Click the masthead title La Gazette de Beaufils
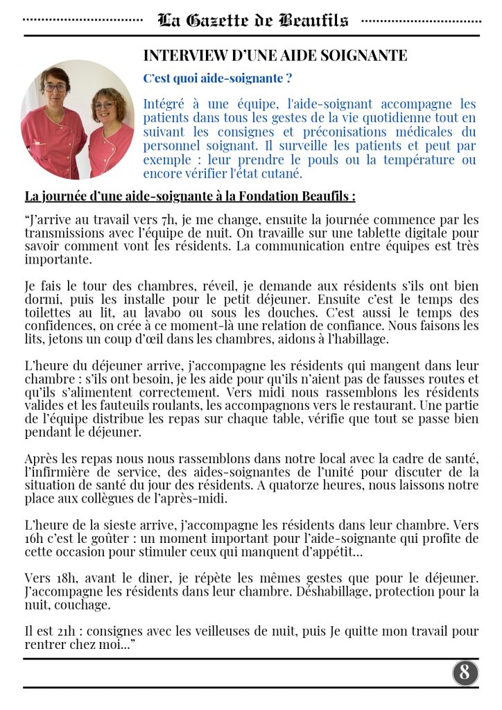click(252, 21)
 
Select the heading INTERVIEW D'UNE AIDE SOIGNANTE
click(275, 55)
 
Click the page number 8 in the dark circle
click(465, 672)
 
